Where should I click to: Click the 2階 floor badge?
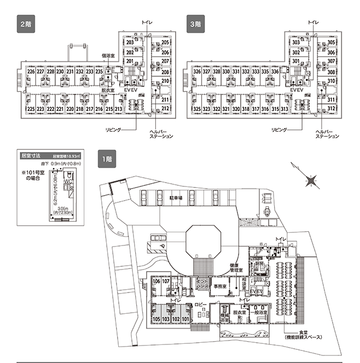(26, 25)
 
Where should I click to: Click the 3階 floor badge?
(196, 25)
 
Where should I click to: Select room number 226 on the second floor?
(31, 72)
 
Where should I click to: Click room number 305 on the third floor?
(331, 43)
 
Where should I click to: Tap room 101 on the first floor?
(185, 319)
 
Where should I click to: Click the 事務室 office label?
(220, 286)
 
